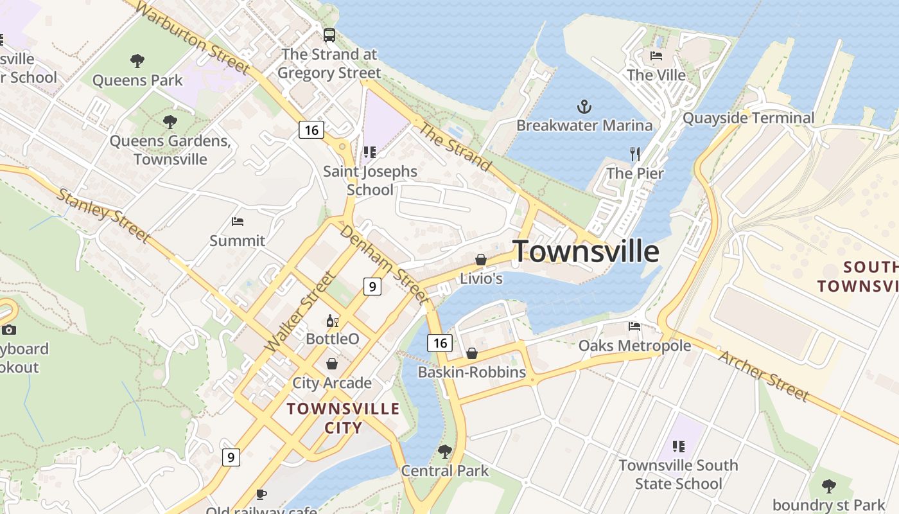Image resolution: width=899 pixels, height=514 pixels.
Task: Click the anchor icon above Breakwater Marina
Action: pyautogui.click(x=584, y=107)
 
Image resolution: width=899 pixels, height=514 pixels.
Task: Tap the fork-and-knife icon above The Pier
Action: pyautogui.click(x=635, y=154)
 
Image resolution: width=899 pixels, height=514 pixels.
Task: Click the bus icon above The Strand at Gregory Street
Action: pyautogui.click(x=329, y=35)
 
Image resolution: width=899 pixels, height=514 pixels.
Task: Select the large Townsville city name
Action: pyautogui.click(x=586, y=251)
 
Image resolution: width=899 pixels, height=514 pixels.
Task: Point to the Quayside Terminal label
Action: pyautogui.click(x=748, y=118)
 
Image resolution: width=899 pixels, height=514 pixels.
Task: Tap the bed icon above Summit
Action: pyautogui.click(x=238, y=222)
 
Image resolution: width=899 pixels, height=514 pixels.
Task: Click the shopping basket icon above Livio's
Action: pyautogui.click(x=480, y=260)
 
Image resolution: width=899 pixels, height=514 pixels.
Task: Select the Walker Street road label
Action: pyautogui.click(x=301, y=312)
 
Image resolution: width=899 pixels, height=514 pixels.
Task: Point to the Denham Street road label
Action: pyautogui.click(x=383, y=263)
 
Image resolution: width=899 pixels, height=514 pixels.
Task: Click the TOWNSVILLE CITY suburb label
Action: pyautogui.click(x=343, y=418)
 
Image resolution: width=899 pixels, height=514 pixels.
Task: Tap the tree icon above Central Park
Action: pyautogui.click(x=444, y=452)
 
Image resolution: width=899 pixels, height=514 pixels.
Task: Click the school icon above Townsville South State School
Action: pyautogui.click(x=679, y=446)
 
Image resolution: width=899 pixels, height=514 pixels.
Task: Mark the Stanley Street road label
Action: pyautogui.click(x=103, y=215)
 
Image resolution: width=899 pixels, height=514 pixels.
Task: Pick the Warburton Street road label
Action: pyautogui.click(x=193, y=37)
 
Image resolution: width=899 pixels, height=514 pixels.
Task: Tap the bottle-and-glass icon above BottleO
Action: pyautogui.click(x=332, y=321)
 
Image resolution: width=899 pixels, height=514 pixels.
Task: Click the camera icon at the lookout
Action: pyautogui.click(x=8, y=330)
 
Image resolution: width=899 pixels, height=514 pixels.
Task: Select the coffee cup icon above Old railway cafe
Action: pyautogui.click(x=261, y=494)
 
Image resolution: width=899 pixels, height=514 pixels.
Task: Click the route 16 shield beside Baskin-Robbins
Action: pyautogui.click(x=440, y=343)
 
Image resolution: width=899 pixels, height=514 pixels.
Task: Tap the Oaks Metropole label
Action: pyautogui.click(x=634, y=346)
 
